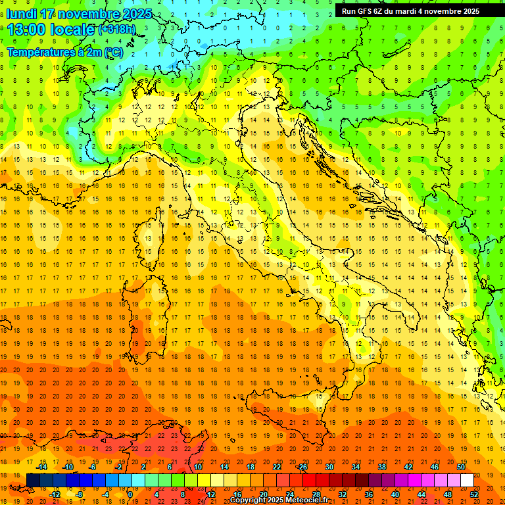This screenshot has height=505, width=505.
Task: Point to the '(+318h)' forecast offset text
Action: point(119,30)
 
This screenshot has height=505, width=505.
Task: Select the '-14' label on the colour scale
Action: point(43,467)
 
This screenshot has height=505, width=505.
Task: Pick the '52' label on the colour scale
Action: point(474,494)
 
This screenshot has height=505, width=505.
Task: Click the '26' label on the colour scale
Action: point(302,467)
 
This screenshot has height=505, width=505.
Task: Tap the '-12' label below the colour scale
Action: point(55,494)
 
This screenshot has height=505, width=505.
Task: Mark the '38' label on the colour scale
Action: point(381,467)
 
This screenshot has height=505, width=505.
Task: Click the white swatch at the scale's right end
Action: point(467,481)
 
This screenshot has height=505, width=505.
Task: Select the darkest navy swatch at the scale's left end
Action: point(33,481)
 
